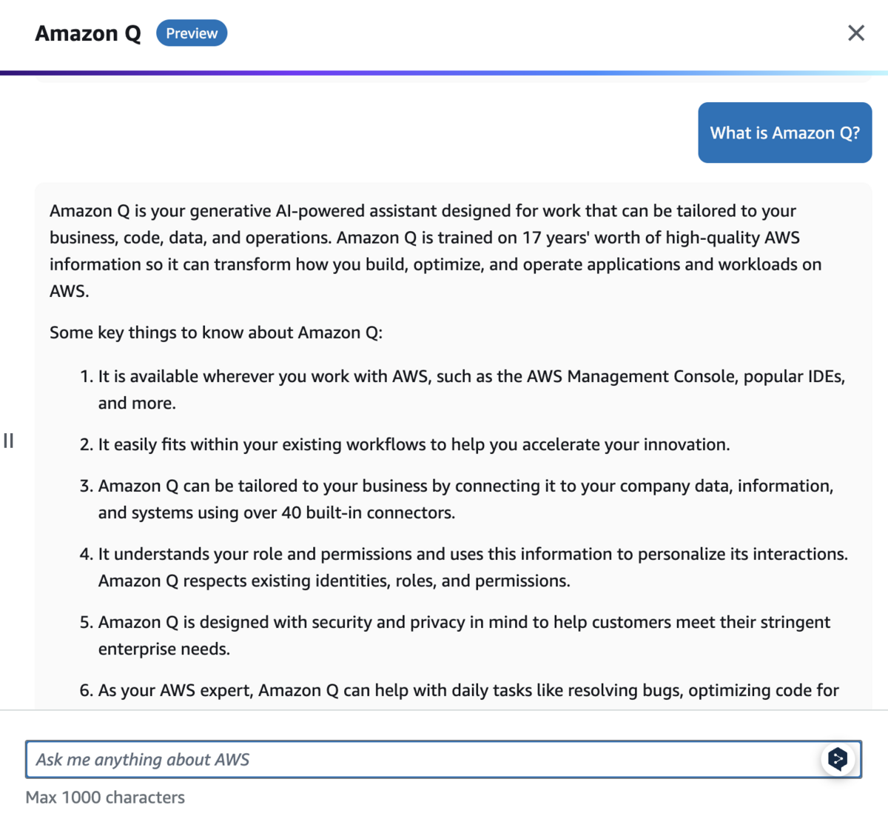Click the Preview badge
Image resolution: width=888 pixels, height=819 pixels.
point(192,33)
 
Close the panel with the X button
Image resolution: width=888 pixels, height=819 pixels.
point(855,33)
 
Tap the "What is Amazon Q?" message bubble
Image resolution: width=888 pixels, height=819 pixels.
point(784,133)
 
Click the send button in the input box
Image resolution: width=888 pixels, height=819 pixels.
point(838,759)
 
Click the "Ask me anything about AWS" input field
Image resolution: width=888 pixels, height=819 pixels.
point(422,759)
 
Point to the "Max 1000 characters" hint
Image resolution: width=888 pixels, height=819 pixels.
point(105,798)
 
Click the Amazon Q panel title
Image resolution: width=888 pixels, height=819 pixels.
point(87,33)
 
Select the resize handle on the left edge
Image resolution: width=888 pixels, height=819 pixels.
point(9,441)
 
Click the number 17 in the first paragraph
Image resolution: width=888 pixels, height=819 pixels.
point(531,238)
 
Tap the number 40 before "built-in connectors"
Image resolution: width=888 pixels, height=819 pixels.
point(292,512)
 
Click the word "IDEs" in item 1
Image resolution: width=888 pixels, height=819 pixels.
point(824,376)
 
